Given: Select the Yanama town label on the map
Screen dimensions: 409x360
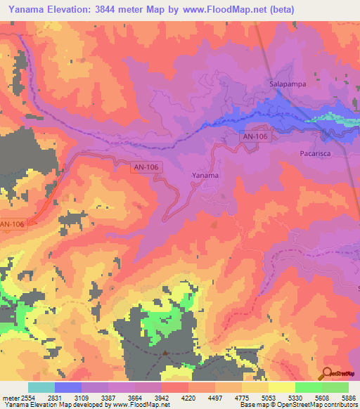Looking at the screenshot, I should (x=205, y=175).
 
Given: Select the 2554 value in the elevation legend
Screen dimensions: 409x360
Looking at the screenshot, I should (x=28, y=397).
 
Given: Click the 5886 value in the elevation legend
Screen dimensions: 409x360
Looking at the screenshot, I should (x=347, y=397).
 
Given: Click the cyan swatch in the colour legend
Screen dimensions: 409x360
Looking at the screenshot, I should (x=41, y=387).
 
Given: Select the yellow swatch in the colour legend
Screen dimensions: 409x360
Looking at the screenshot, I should (x=281, y=387).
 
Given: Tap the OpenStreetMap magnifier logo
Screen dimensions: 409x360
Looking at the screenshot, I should (x=328, y=373).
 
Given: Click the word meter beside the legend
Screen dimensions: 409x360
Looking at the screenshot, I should (x=9, y=397).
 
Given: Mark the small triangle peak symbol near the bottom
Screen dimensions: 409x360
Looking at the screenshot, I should (x=165, y=353).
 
